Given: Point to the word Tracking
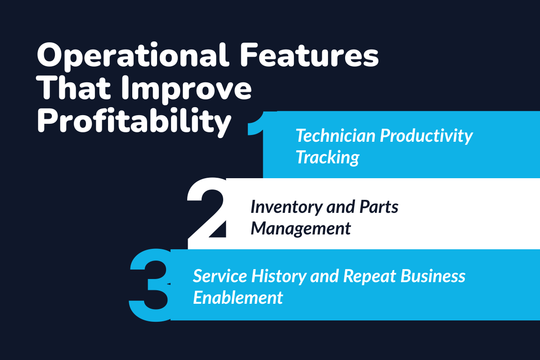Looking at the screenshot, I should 327,157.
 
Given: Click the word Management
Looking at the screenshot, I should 301,228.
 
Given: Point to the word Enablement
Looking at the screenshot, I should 238,297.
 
